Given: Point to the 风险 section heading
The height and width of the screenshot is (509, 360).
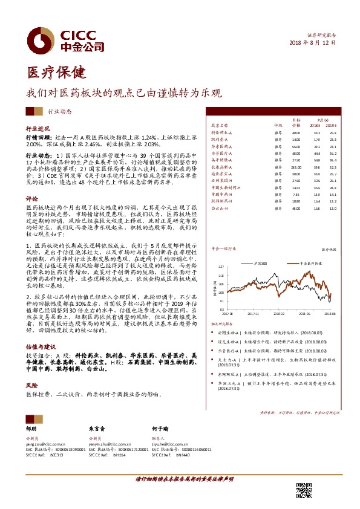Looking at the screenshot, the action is (x=31, y=384).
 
